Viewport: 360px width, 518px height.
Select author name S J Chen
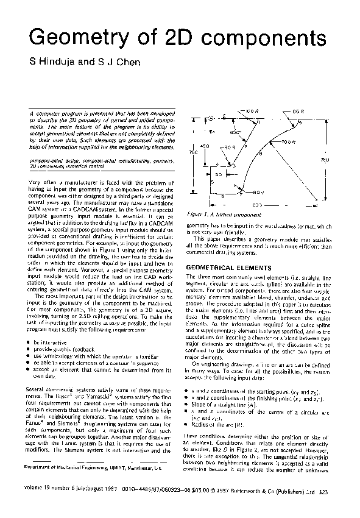tap(111, 61)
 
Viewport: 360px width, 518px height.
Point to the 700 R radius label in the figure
tap(288, 141)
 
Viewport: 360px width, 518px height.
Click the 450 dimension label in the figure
tap(205, 147)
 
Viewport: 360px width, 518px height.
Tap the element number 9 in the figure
tap(299, 123)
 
